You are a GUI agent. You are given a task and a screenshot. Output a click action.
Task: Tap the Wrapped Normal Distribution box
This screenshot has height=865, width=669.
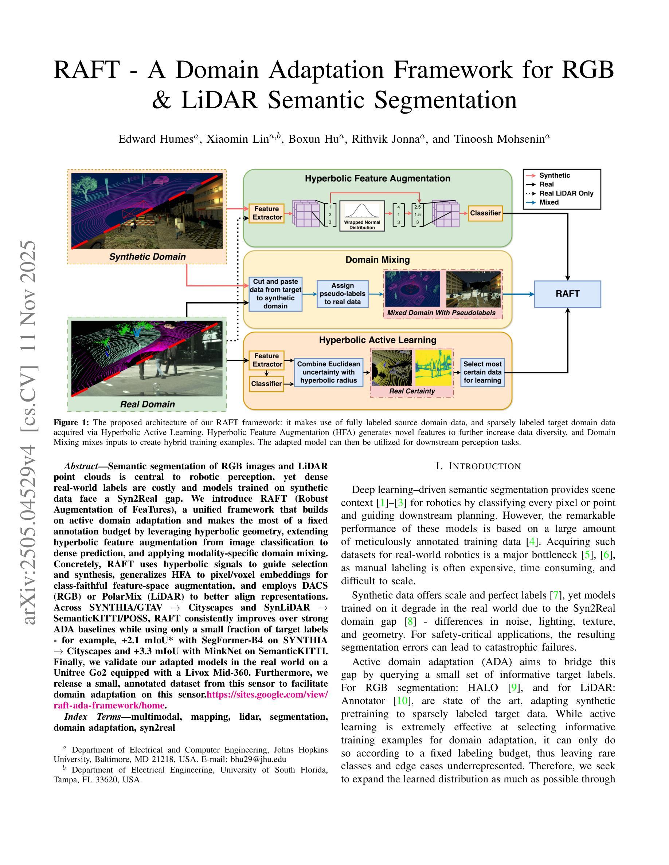[362, 216]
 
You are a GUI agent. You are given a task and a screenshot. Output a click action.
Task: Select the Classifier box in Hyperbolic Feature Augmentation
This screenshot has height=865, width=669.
[485, 213]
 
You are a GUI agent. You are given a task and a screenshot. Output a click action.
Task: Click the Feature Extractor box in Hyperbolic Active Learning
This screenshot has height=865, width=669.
[267, 360]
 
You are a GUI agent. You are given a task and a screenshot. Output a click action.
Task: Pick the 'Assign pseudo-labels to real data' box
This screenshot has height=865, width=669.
[343, 294]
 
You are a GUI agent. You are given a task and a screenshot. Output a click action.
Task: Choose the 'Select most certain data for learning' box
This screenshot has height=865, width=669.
[482, 372]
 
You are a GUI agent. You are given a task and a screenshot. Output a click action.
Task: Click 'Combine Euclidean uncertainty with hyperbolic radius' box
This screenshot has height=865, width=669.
[329, 372]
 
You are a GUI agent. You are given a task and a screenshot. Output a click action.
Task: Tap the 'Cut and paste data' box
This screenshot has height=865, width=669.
[275, 294]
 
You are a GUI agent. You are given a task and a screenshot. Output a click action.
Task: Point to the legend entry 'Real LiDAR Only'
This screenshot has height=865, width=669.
[566, 193]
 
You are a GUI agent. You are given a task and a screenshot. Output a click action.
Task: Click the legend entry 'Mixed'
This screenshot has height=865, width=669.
[549, 202]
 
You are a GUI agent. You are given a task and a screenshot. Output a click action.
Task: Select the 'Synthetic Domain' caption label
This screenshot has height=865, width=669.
[148, 257]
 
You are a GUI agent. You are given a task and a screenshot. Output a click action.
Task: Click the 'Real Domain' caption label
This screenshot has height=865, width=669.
[148, 404]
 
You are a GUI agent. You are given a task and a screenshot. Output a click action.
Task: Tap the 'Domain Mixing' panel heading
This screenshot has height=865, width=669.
[377, 260]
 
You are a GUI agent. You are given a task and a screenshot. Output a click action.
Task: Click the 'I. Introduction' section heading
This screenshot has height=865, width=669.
[478, 466]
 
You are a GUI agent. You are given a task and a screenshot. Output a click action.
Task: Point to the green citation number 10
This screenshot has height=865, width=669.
[402, 701]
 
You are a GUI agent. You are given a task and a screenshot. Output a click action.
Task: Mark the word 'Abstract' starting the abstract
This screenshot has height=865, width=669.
[81, 466]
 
